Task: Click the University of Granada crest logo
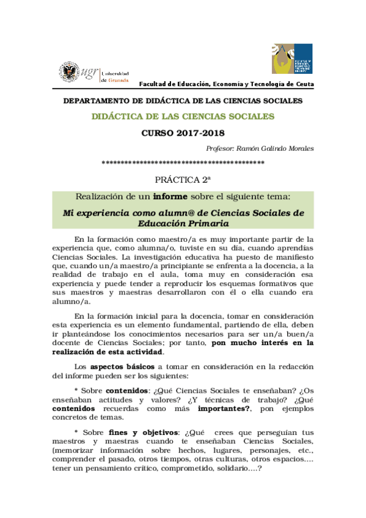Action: (x=67, y=71)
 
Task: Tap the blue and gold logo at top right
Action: (x=292, y=59)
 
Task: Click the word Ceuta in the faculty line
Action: (x=303, y=84)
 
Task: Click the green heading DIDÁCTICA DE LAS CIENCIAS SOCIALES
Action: (x=183, y=116)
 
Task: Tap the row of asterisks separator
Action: (x=183, y=163)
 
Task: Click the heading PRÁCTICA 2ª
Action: (x=183, y=180)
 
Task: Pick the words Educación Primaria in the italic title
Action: (x=183, y=224)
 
